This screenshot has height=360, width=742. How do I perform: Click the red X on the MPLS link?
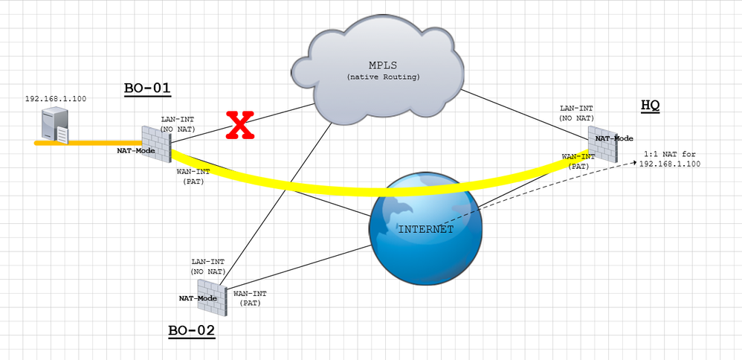[x=240, y=125]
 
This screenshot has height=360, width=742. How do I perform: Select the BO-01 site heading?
[x=147, y=88]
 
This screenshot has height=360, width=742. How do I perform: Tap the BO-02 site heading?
[x=192, y=331]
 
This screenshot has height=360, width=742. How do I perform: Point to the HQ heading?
[x=651, y=106]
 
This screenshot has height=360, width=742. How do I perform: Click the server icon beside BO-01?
[x=55, y=126]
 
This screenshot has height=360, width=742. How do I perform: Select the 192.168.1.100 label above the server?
[x=56, y=99]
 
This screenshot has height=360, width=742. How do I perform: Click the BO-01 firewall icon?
[x=157, y=144]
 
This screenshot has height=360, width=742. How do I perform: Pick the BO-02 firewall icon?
[x=212, y=298]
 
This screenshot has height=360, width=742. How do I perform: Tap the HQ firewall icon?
[x=604, y=144]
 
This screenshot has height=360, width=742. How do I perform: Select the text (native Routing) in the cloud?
[x=384, y=77]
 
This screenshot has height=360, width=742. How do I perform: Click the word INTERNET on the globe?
[x=426, y=230]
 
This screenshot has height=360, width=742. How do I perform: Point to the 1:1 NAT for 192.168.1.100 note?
[x=670, y=159]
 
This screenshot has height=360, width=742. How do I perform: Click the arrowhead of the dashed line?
[x=635, y=162]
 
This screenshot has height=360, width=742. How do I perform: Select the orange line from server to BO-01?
[x=88, y=143]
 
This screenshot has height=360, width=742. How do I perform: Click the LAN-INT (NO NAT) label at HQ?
[x=577, y=114]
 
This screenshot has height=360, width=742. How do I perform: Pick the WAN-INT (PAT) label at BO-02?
[x=250, y=298]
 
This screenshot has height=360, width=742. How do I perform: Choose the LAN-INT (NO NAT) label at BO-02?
[x=208, y=267]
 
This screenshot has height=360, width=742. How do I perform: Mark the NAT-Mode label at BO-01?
[x=136, y=150]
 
